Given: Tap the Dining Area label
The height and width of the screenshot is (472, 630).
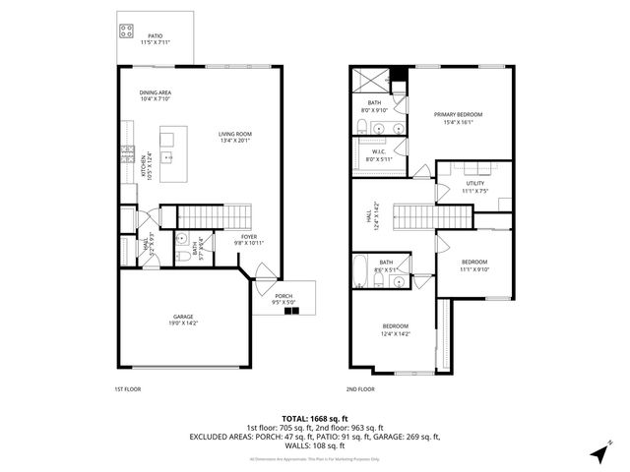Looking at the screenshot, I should (156, 95).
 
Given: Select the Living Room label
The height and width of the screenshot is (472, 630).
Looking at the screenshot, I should (235, 138).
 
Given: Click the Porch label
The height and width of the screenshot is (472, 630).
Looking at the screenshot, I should (284, 299).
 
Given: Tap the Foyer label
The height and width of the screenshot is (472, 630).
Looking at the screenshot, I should (249, 239).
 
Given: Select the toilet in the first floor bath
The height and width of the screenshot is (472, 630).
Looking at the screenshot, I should (183, 258).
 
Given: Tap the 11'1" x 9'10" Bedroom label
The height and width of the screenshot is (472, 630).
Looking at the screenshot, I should (474, 265).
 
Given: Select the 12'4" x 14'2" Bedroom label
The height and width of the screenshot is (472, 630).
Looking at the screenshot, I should (396, 329).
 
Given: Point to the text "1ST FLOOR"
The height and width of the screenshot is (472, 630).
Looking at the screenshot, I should (129, 390).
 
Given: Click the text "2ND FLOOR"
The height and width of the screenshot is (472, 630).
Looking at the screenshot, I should (360, 390).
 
